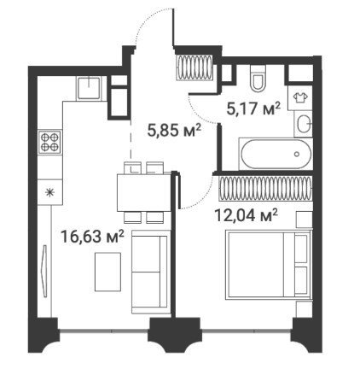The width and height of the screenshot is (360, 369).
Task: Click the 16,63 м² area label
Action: pos(92,237)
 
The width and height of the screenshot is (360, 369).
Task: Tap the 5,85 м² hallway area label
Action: pos(174,131)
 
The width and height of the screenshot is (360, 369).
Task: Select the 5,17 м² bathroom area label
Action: pos(253,108)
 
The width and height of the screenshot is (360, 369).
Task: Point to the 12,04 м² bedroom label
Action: pos(247,215)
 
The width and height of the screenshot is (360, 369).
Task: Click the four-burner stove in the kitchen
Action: pos(49,143)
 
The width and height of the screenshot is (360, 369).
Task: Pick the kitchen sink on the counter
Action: pos(89,88)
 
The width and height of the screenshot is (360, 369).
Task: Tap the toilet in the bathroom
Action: pos(258,79)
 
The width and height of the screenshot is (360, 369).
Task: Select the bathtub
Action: pos(276,154)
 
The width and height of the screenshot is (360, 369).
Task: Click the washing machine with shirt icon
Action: pos(300,97)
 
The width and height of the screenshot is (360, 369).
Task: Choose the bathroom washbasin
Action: pos(304,124)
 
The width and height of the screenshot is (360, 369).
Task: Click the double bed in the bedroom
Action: pos(268,265)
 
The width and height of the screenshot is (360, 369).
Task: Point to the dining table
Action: pos(144,192)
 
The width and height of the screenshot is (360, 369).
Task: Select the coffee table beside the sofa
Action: pos(107,272)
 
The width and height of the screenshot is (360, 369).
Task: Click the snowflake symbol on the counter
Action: pos(49,192)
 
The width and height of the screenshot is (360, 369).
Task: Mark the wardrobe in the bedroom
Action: pos(265,188)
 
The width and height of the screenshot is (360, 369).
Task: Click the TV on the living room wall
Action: pos(44,271)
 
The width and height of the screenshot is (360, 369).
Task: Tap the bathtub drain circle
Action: pos(297,154)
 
